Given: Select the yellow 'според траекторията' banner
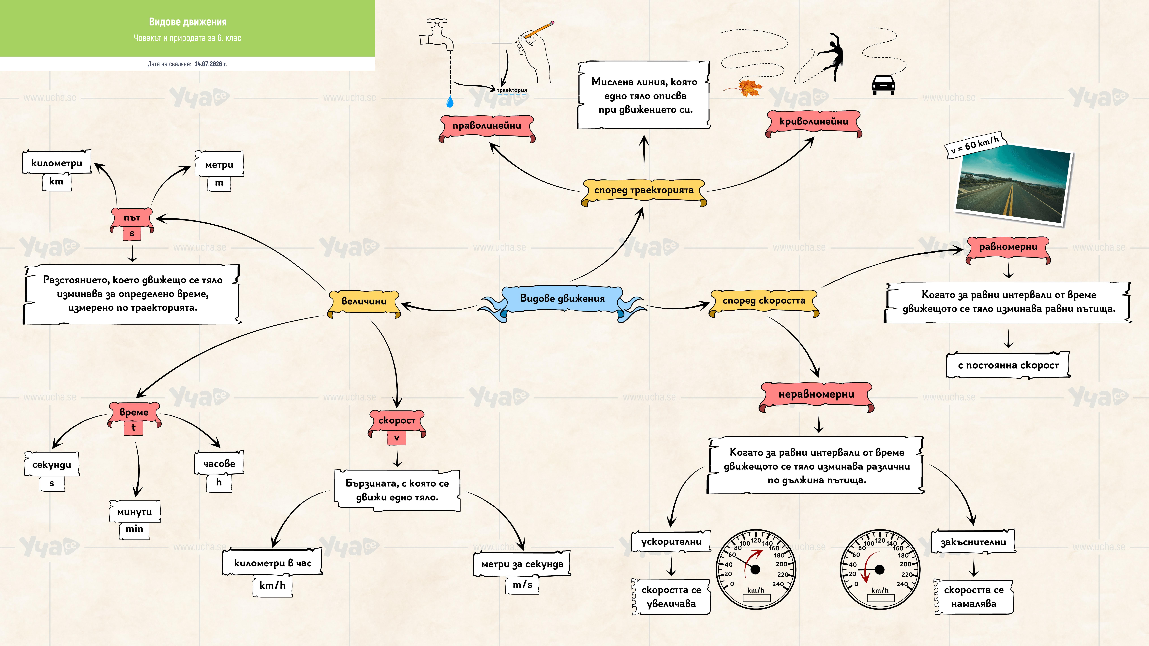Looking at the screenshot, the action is coord(644,192).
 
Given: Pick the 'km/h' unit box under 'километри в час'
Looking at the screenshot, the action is coord(273,585).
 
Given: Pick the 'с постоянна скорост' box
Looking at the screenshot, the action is coord(1008,365).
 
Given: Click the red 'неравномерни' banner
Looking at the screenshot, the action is coord(816,396).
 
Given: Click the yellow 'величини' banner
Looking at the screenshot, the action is coord(364,303).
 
